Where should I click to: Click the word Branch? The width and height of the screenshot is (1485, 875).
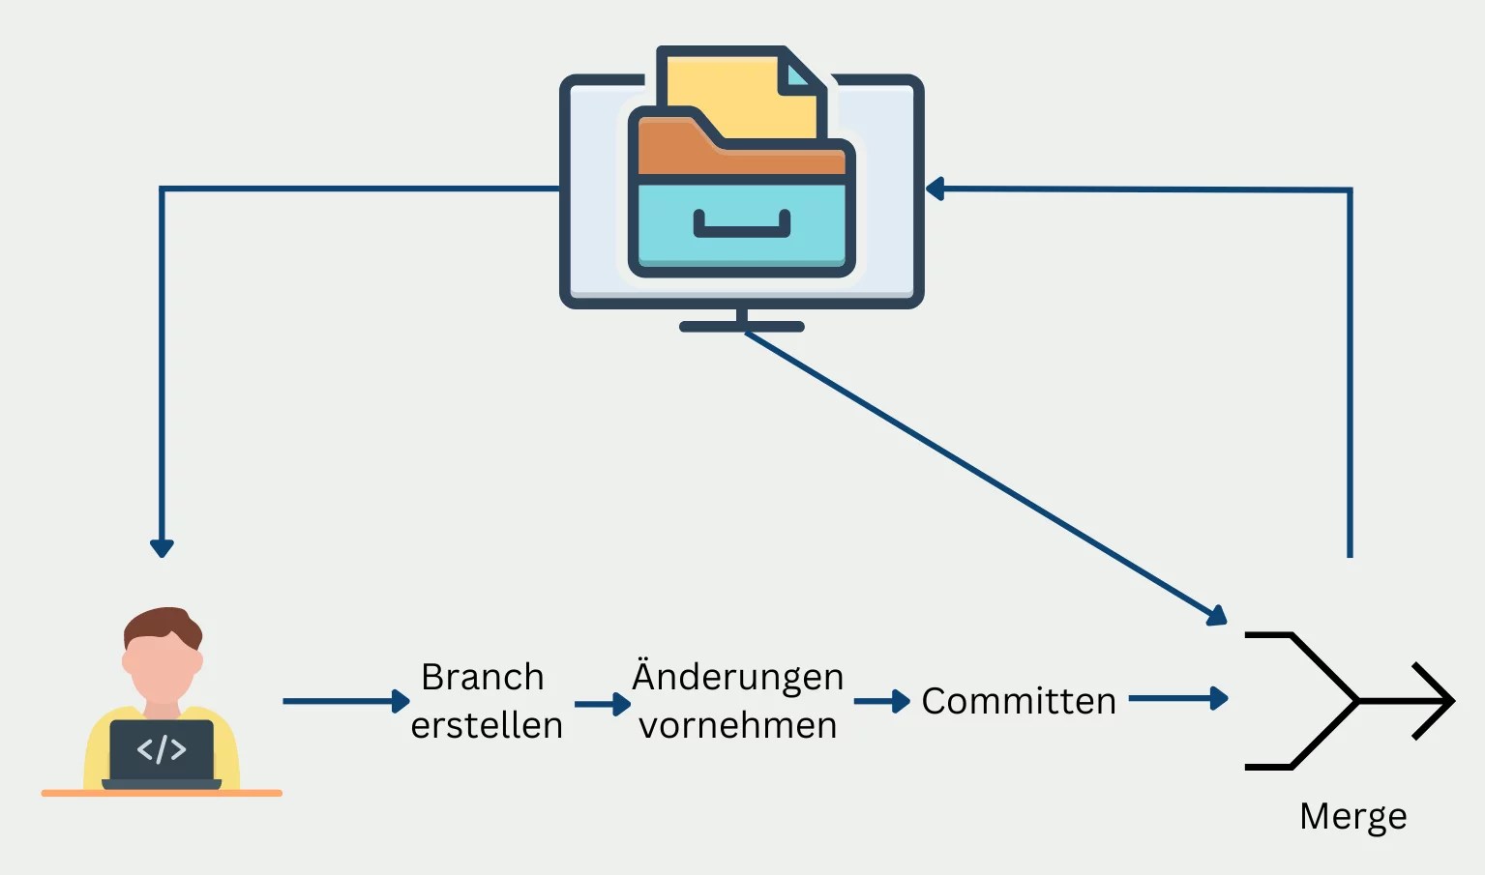click(x=482, y=677)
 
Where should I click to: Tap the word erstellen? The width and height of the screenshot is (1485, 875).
click(x=486, y=725)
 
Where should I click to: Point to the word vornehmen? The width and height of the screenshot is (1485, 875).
click(x=737, y=725)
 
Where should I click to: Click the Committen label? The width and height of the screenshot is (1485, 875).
click(x=1018, y=701)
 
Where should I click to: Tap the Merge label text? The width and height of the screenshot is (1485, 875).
click(x=1352, y=817)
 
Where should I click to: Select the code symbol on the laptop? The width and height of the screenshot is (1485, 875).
click(x=162, y=749)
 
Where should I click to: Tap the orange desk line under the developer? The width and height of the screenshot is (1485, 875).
click(x=162, y=793)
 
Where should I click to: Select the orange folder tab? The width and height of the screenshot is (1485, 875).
click(x=677, y=131)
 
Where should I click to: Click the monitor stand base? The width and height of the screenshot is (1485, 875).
click(x=742, y=327)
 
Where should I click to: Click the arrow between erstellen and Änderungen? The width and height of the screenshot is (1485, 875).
click(x=602, y=705)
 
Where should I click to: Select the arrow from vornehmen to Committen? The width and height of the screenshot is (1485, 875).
click(x=881, y=701)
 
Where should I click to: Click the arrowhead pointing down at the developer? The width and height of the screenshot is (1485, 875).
click(x=162, y=548)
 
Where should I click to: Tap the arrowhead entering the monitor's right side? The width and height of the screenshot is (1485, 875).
click(x=935, y=189)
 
